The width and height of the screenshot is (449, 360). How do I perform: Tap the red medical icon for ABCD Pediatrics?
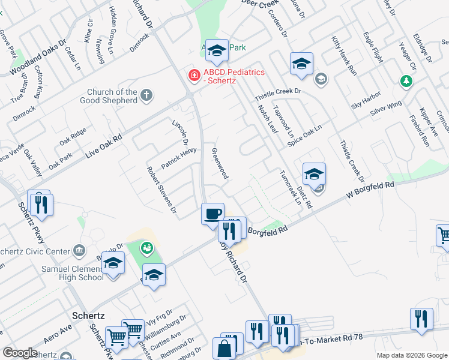point(194,75)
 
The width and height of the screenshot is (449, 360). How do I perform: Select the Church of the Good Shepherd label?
point(109,96)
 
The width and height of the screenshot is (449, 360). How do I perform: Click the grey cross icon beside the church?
point(146,95)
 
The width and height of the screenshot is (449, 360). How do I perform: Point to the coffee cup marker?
point(212,214)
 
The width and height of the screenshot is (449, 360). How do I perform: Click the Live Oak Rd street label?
point(104,146)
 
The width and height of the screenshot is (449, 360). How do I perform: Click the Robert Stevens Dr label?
point(161,190)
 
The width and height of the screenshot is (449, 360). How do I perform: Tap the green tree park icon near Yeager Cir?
point(407,80)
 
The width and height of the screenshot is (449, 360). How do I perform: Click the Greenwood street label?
point(220,163)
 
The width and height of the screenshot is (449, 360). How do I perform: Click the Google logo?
point(20,353)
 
